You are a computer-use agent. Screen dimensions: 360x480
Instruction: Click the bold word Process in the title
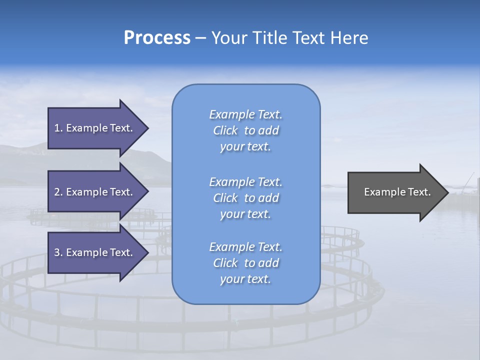[x=157, y=38]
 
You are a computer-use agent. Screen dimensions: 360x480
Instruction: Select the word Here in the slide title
[x=349, y=38]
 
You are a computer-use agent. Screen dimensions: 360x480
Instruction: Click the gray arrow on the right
[x=395, y=192]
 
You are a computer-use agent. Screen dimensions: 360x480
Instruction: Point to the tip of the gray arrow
[x=447, y=192]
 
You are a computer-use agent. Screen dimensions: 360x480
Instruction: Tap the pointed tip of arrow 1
[x=147, y=128]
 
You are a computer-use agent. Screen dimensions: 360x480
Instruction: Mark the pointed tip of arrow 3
[x=147, y=252]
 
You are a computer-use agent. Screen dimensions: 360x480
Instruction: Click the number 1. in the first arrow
[x=58, y=128]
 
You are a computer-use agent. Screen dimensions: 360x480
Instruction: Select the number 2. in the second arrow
[x=58, y=192]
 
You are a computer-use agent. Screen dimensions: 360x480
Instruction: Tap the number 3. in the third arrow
[x=58, y=252]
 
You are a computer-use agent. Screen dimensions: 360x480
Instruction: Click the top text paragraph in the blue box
[x=245, y=130]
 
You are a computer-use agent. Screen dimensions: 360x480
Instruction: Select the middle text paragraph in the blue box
[x=245, y=198]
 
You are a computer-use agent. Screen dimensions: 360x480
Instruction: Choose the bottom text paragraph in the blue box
[x=245, y=263]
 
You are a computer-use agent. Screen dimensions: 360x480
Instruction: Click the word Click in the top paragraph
[x=225, y=130]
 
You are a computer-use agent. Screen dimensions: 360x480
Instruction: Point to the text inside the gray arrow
[x=397, y=192]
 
